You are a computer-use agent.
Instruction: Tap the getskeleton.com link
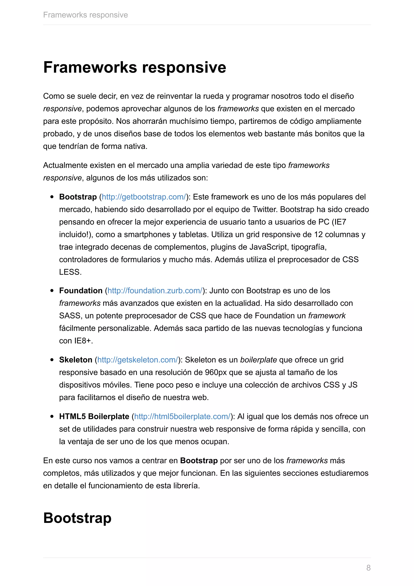(138, 360)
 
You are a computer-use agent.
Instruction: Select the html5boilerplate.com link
(182, 416)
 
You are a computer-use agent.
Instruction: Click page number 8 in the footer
(368, 568)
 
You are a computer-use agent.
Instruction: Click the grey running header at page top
(85, 15)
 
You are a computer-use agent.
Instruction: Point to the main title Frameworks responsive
(135, 67)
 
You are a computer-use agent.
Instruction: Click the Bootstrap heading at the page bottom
(77, 518)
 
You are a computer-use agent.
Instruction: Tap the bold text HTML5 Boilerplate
(94, 416)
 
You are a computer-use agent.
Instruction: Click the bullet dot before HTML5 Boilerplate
(52, 416)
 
